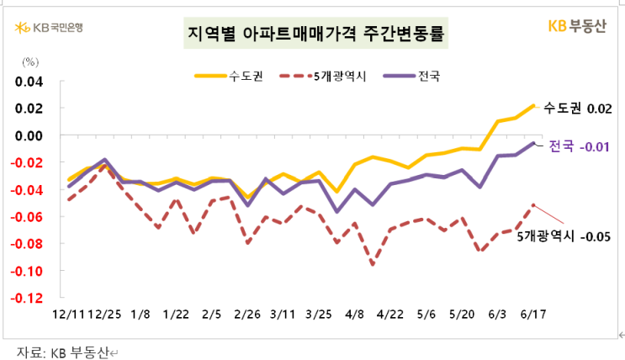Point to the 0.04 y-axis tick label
(28, 81)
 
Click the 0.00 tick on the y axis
(28, 135)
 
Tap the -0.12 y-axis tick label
(26, 299)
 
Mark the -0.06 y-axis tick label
(26, 217)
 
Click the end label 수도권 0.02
(577, 109)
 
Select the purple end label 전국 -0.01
(578, 146)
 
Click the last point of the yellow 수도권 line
(533, 106)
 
